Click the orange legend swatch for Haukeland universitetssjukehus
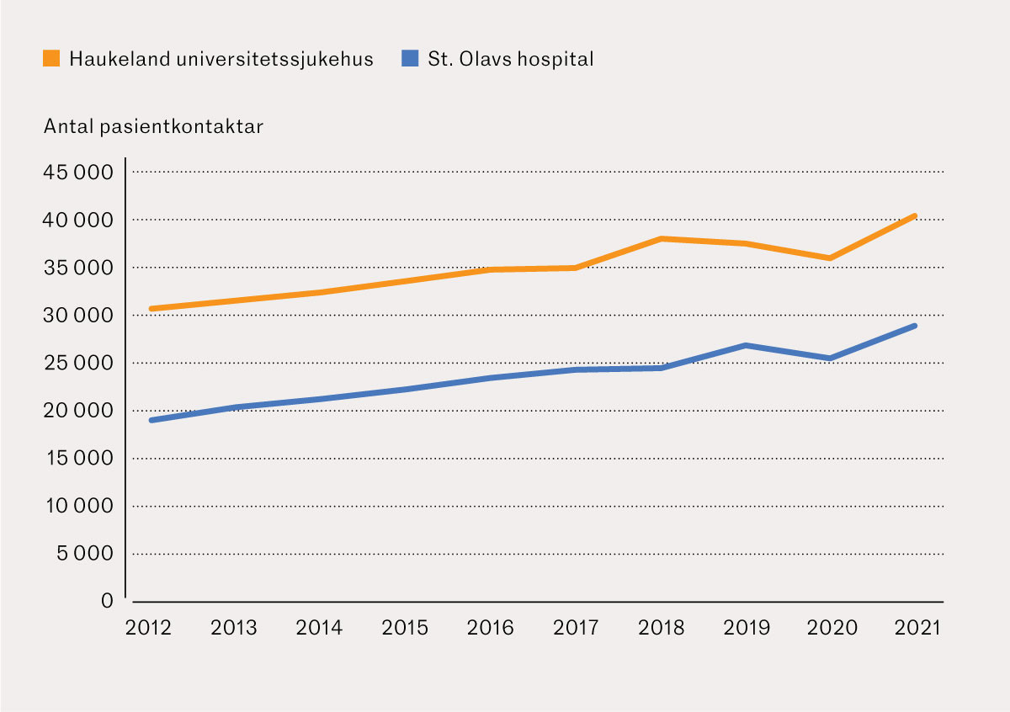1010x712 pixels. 51,59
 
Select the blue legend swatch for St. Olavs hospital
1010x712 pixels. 410,59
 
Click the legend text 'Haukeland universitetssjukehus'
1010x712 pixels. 221,60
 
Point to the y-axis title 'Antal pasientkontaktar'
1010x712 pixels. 153,127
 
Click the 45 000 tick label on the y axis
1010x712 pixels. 77,173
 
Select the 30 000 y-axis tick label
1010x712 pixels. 77,316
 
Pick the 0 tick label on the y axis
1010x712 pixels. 107,601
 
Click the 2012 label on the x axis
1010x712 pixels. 149,629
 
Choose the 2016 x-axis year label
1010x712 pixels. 491,629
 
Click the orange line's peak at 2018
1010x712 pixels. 662,239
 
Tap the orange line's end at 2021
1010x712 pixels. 915,216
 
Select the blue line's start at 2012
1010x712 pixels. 151,420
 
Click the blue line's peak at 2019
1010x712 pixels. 747,345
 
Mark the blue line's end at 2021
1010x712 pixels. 915,326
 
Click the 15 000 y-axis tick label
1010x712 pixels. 77,459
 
